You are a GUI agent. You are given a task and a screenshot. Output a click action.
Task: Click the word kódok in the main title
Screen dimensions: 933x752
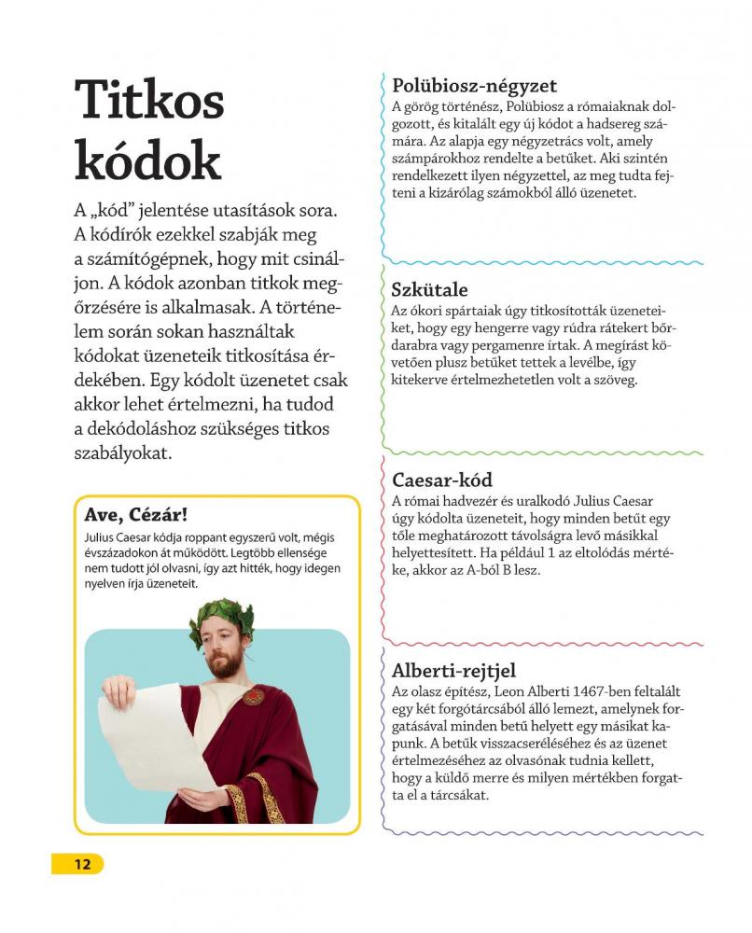(x=148, y=160)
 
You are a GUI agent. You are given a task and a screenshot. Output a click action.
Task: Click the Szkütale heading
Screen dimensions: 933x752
(x=430, y=290)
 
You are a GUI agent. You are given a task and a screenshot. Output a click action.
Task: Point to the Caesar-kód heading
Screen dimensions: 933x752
(x=442, y=481)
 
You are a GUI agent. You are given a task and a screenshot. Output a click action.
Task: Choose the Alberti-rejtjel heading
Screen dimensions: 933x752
(x=453, y=671)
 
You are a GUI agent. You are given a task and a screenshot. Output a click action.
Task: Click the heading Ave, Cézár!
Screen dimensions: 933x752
(x=136, y=515)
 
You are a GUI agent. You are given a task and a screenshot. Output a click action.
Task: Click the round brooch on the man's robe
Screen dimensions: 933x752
(x=253, y=695)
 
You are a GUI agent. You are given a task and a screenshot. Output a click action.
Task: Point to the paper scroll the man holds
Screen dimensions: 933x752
(x=140, y=746)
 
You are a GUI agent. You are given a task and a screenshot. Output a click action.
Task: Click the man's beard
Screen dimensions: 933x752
(x=224, y=666)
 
